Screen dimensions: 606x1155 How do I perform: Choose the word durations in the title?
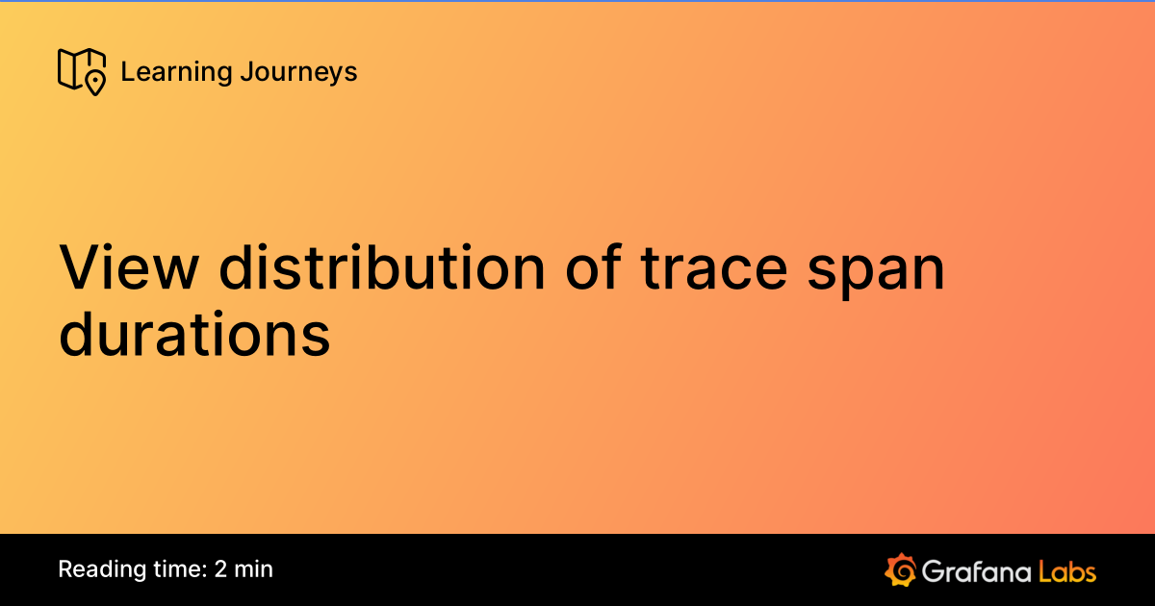pyautogui.click(x=194, y=337)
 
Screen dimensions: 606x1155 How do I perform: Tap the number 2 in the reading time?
pyautogui.click(x=221, y=569)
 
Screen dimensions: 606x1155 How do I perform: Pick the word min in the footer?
pyautogui.click(x=254, y=569)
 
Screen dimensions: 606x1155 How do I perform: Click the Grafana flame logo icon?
pyautogui.click(x=899, y=569)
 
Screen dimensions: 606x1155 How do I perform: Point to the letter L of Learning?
pyautogui.click(x=126, y=72)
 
